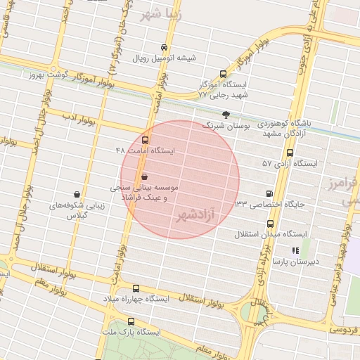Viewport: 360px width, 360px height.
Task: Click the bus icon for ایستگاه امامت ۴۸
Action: [146, 140]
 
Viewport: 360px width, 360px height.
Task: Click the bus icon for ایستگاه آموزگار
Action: [224, 73]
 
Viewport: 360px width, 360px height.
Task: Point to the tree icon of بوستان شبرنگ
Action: [226, 115]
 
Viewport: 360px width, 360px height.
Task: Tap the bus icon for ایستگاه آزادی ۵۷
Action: [290, 153]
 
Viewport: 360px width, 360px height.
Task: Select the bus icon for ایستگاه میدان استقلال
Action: [270, 224]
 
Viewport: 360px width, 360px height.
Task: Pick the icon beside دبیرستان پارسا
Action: [295, 250]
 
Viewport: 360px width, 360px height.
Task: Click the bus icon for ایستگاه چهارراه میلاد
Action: [136, 288]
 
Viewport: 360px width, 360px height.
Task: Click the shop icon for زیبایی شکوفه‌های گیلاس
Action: [77, 195]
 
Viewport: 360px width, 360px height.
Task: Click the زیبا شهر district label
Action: [160, 15]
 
